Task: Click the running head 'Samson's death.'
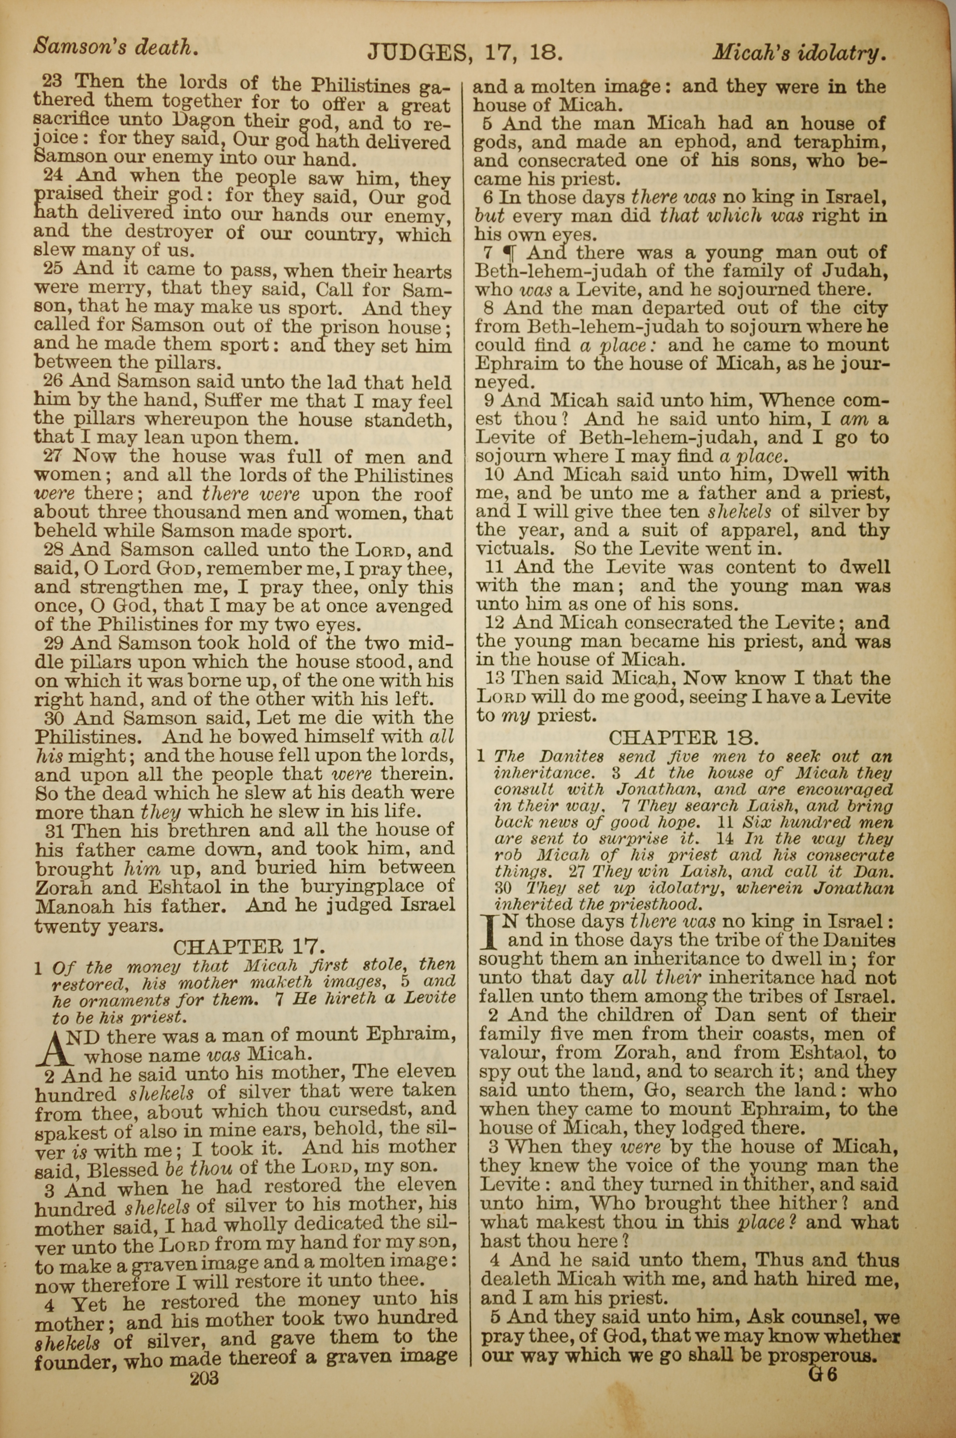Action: coord(115,47)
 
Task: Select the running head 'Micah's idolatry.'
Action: coord(799,54)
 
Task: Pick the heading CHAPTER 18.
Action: coord(684,738)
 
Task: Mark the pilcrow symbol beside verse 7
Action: coord(506,253)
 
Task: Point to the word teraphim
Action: coord(839,142)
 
